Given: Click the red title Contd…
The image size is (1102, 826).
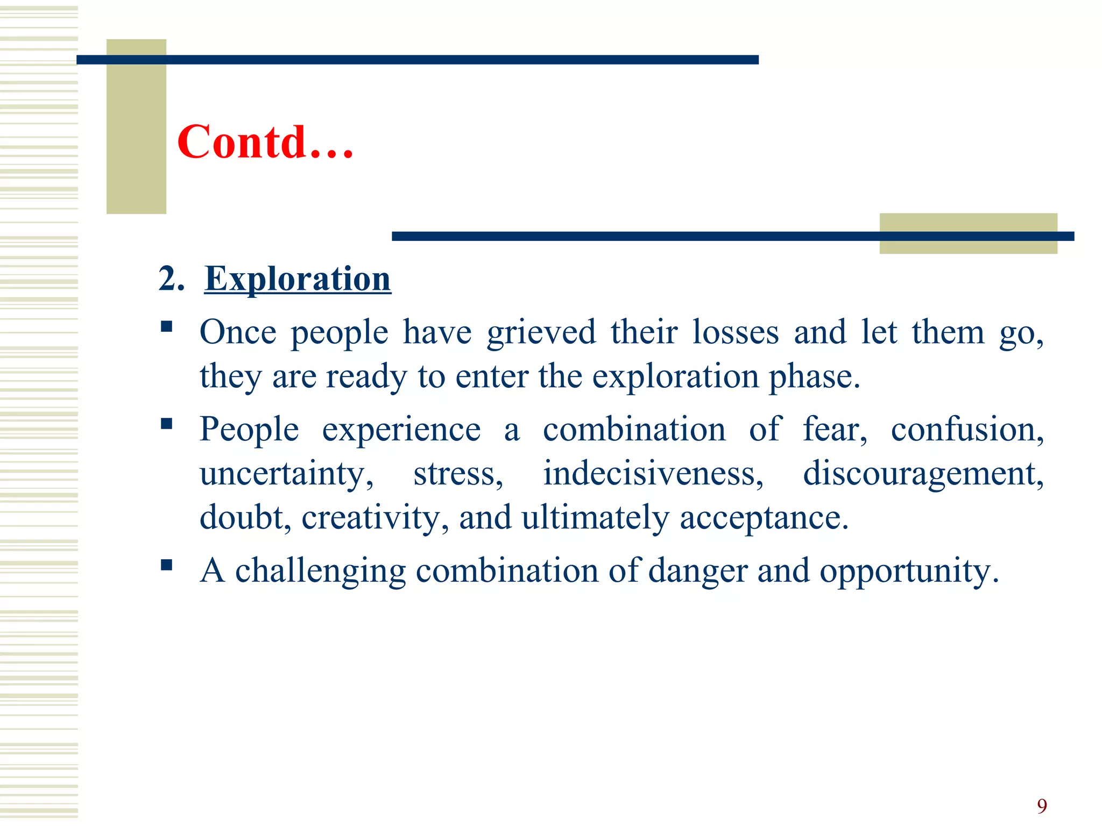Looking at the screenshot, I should click(265, 142).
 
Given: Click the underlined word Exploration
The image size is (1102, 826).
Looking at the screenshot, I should click(298, 279).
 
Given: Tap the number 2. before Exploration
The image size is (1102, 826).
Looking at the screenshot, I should click(171, 279).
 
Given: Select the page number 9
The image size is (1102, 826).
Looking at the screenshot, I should click(1042, 806).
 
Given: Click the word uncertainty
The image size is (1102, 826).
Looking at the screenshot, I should click(286, 474).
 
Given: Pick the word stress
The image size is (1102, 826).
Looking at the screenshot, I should click(458, 474).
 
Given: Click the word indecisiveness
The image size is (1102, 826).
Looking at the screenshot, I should click(653, 473).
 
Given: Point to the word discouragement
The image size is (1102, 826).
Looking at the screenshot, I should click(923, 474).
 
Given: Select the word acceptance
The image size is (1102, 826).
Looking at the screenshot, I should click(764, 518).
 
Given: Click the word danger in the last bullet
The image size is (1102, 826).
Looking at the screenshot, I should click(697, 571).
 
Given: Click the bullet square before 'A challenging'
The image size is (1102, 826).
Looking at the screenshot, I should click(166, 565).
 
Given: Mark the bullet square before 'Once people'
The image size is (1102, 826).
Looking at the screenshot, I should click(166, 326).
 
